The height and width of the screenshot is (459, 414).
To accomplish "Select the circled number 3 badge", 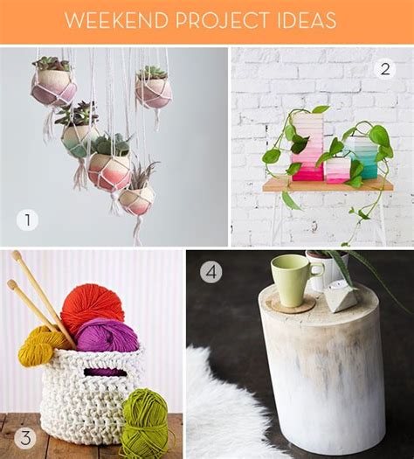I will (x=26, y=437).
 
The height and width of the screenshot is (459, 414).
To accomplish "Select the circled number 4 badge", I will (x=211, y=272).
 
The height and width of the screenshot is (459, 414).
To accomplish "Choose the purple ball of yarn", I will (x=107, y=337).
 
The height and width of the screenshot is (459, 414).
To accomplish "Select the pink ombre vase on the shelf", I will (x=308, y=157).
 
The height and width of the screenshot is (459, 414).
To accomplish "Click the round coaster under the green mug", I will (x=290, y=303).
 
